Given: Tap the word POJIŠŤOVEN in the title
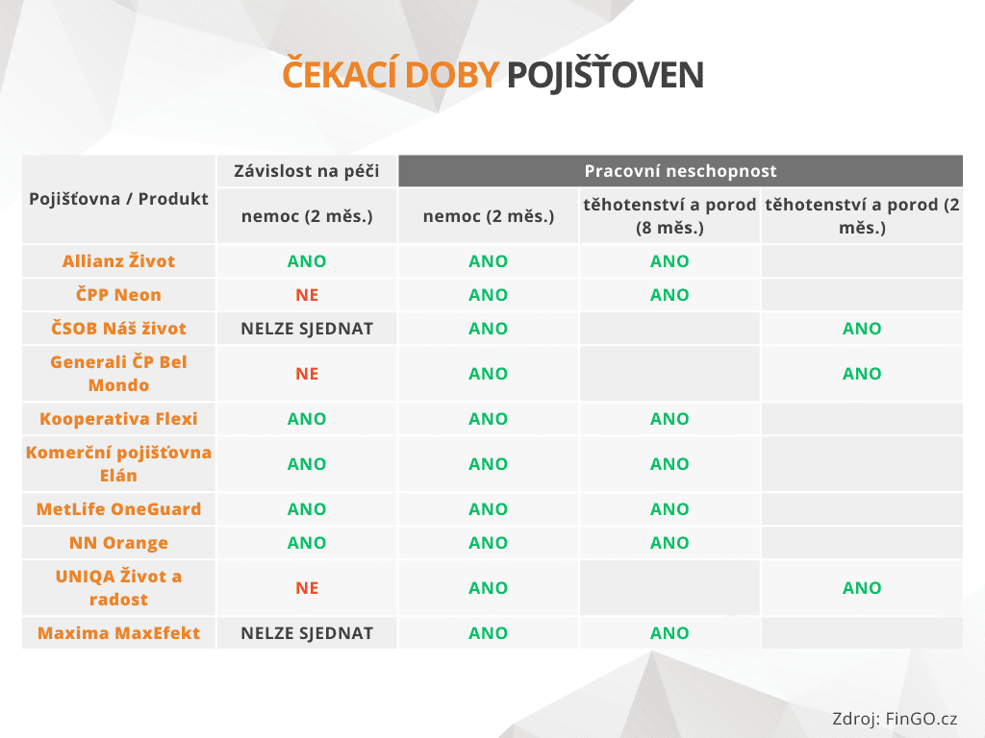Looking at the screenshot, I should click(x=604, y=75).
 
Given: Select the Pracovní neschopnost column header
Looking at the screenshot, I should click(x=680, y=171).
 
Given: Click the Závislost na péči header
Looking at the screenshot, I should click(x=307, y=171).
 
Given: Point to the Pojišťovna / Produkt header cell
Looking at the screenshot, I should click(x=119, y=199).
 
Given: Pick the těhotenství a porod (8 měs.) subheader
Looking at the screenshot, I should click(x=669, y=216).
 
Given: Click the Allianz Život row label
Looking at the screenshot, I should click(x=119, y=261).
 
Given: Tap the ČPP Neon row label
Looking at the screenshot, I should click(x=119, y=295).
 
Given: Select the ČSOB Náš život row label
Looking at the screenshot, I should click(x=119, y=329).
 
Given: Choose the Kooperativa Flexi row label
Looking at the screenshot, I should click(x=119, y=419).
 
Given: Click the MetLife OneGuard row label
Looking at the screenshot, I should click(x=119, y=509).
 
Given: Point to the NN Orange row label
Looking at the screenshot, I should click(x=119, y=543).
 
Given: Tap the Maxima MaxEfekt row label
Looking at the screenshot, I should click(x=119, y=633).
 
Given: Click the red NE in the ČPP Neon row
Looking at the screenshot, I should click(x=307, y=295).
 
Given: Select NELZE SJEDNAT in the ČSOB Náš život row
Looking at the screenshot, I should click(x=307, y=329).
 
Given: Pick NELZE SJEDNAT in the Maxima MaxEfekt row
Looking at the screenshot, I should click(x=307, y=633).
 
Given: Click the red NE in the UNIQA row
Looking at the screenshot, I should click(x=307, y=588).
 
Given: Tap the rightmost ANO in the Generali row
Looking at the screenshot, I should click(x=862, y=374).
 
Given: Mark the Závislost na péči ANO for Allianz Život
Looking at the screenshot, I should click(x=307, y=261).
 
